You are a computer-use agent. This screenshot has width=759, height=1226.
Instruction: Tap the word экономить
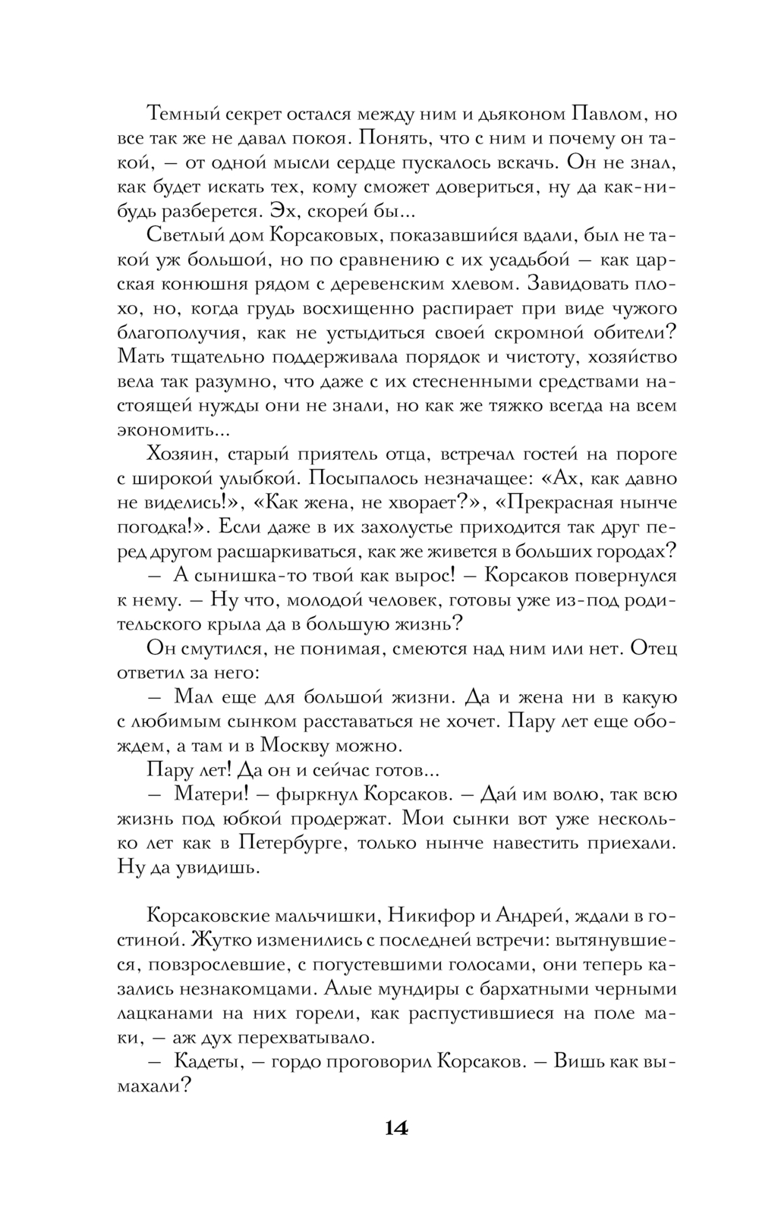(x=165, y=430)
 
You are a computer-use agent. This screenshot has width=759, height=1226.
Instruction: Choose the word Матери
(x=209, y=794)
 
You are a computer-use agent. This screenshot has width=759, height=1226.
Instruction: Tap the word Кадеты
(x=207, y=1061)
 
